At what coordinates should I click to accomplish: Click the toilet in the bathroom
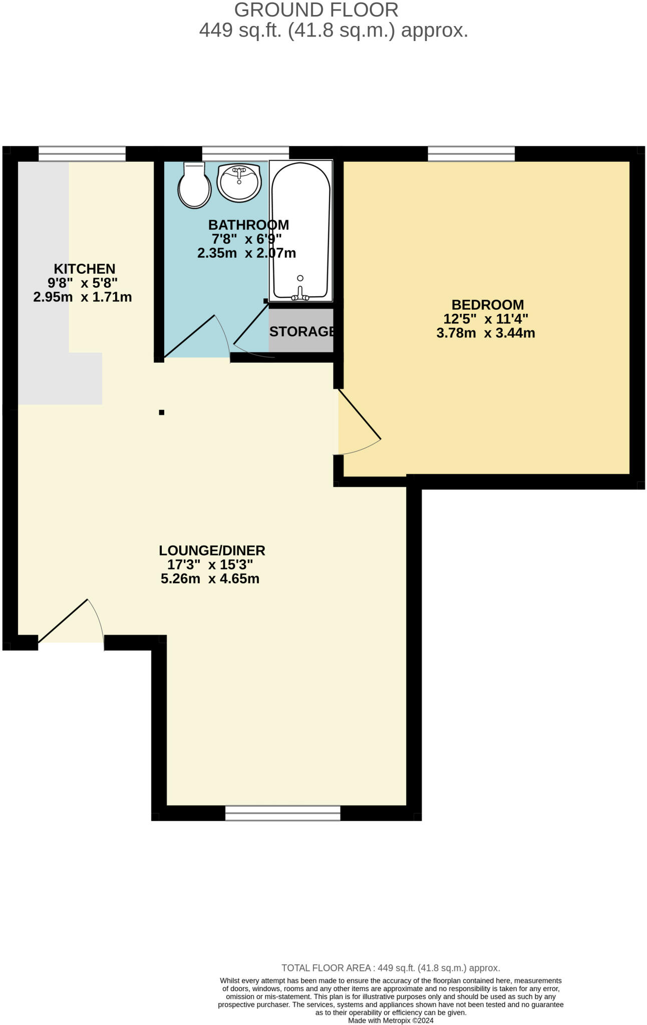(x=194, y=187)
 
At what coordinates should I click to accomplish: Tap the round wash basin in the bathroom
(x=239, y=182)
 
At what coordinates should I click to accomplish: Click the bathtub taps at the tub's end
(x=300, y=295)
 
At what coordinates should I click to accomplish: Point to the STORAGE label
(x=301, y=331)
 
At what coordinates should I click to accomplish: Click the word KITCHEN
(x=85, y=269)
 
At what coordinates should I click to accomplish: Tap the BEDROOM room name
(x=487, y=305)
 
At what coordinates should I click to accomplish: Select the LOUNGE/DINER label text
(x=212, y=551)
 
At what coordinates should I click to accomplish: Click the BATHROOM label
(x=248, y=225)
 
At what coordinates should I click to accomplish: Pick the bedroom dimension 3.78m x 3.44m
(x=486, y=333)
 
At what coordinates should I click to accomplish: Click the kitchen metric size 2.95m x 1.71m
(x=83, y=297)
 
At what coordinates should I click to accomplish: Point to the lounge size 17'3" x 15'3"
(x=210, y=565)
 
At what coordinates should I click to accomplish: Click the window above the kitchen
(x=82, y=154)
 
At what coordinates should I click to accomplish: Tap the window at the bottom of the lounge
(x=282, y=813)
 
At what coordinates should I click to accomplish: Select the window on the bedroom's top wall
(x=471, y=154)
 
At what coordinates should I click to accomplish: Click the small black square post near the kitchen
(x=162, y=412)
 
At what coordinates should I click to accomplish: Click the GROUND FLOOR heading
(x=316, y=10)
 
